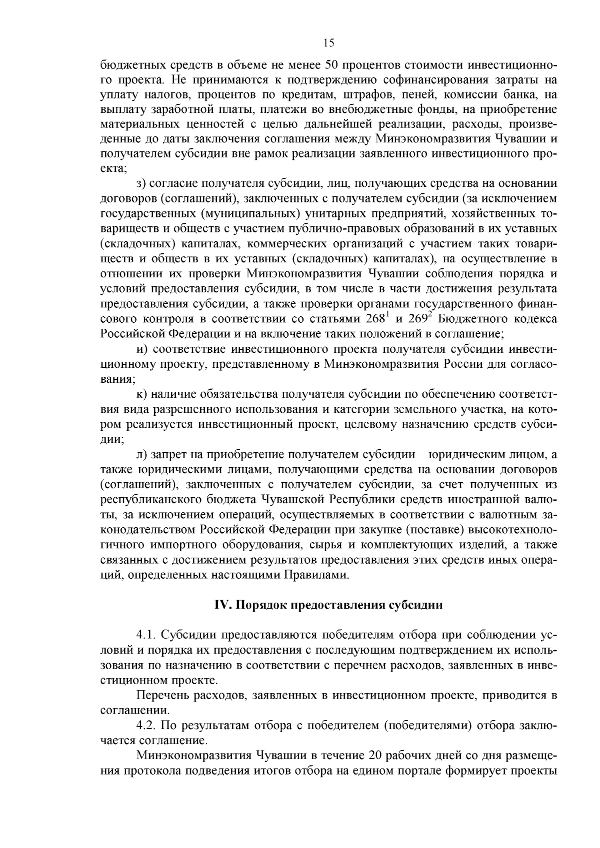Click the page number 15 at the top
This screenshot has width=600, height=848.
pos(328,43)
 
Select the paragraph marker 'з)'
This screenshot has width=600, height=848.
pos(141,183)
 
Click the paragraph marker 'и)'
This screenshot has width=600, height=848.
pos(141,349)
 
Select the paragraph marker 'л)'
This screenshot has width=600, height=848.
pos(141,454)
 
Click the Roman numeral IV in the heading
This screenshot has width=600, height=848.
pos(221,605)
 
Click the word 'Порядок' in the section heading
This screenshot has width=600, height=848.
pos(259,605)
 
